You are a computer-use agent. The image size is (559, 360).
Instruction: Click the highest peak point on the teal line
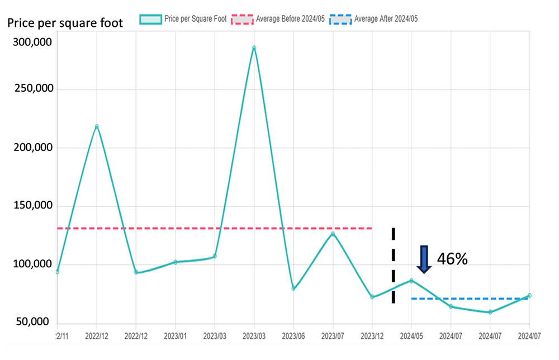(254, 48)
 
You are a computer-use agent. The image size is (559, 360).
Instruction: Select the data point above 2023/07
(333, 234)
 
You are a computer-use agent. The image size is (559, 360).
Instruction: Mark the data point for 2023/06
(293, 288)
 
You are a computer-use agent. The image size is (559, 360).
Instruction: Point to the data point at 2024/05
(411, 280)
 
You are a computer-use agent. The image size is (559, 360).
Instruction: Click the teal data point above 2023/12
(372, 297)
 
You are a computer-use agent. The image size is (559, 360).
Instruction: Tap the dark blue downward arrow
(424, 259)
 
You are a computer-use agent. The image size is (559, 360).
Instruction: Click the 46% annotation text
(452, 259)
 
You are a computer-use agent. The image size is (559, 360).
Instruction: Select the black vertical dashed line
(394, 266)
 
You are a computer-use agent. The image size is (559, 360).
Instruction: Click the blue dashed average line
(470, 299)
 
